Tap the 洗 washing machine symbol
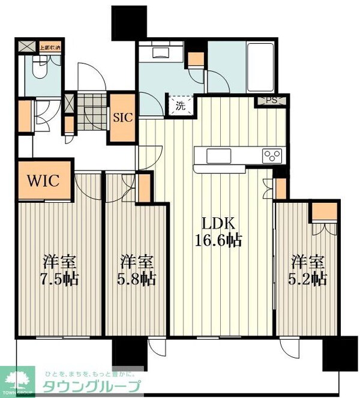(x=181, y=106)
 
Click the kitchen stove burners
(x=272, y=155)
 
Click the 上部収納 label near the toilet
(x=49, y=46)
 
